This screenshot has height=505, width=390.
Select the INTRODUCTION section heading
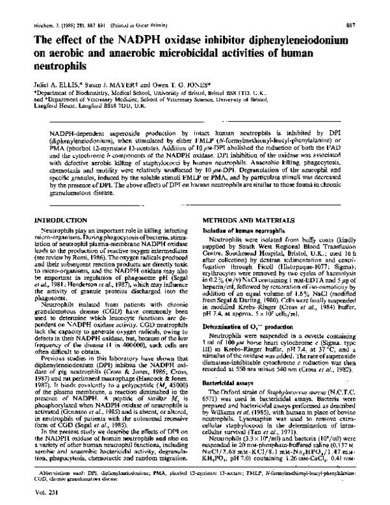click(x=50, y=222)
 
